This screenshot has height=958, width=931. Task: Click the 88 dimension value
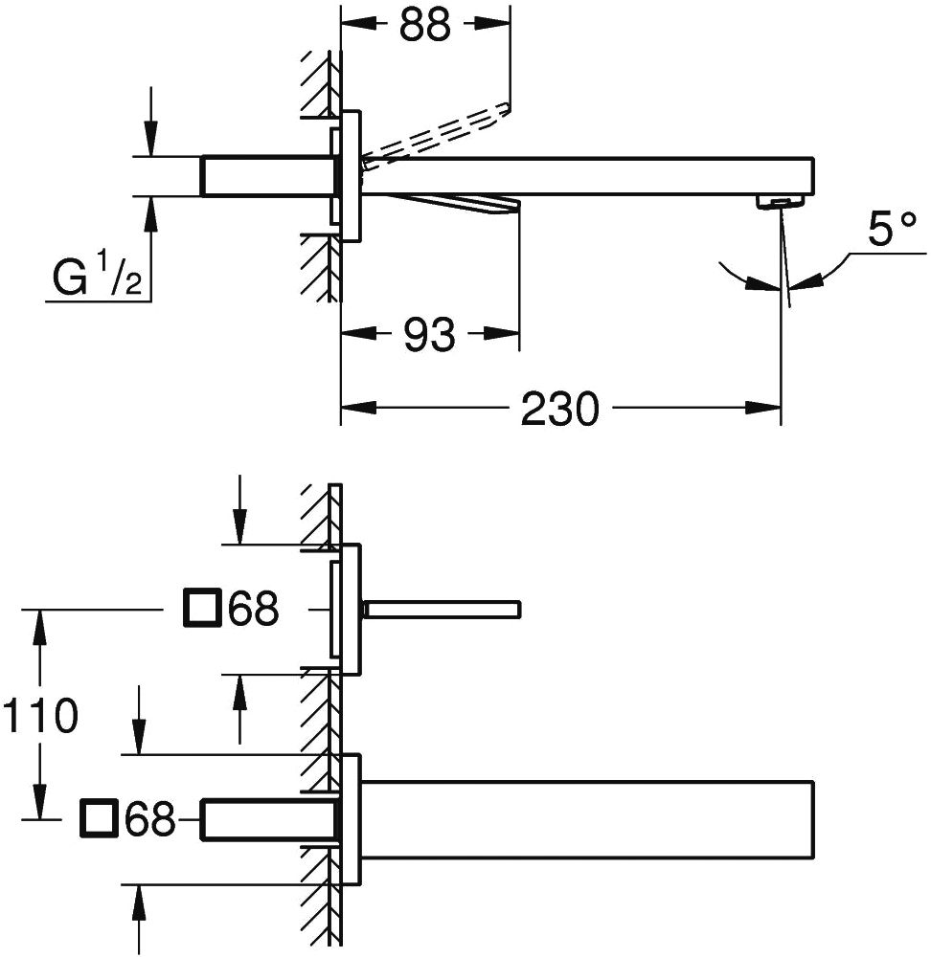pyautogui.click(x=425, y=26)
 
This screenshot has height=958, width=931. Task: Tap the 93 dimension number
pyautogui.click(x=429, y=335)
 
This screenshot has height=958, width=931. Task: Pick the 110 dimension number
pyautogui.click(x=40, y=715)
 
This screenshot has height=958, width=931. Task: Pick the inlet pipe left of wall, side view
pyautogui.click(x=266, y=176)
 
